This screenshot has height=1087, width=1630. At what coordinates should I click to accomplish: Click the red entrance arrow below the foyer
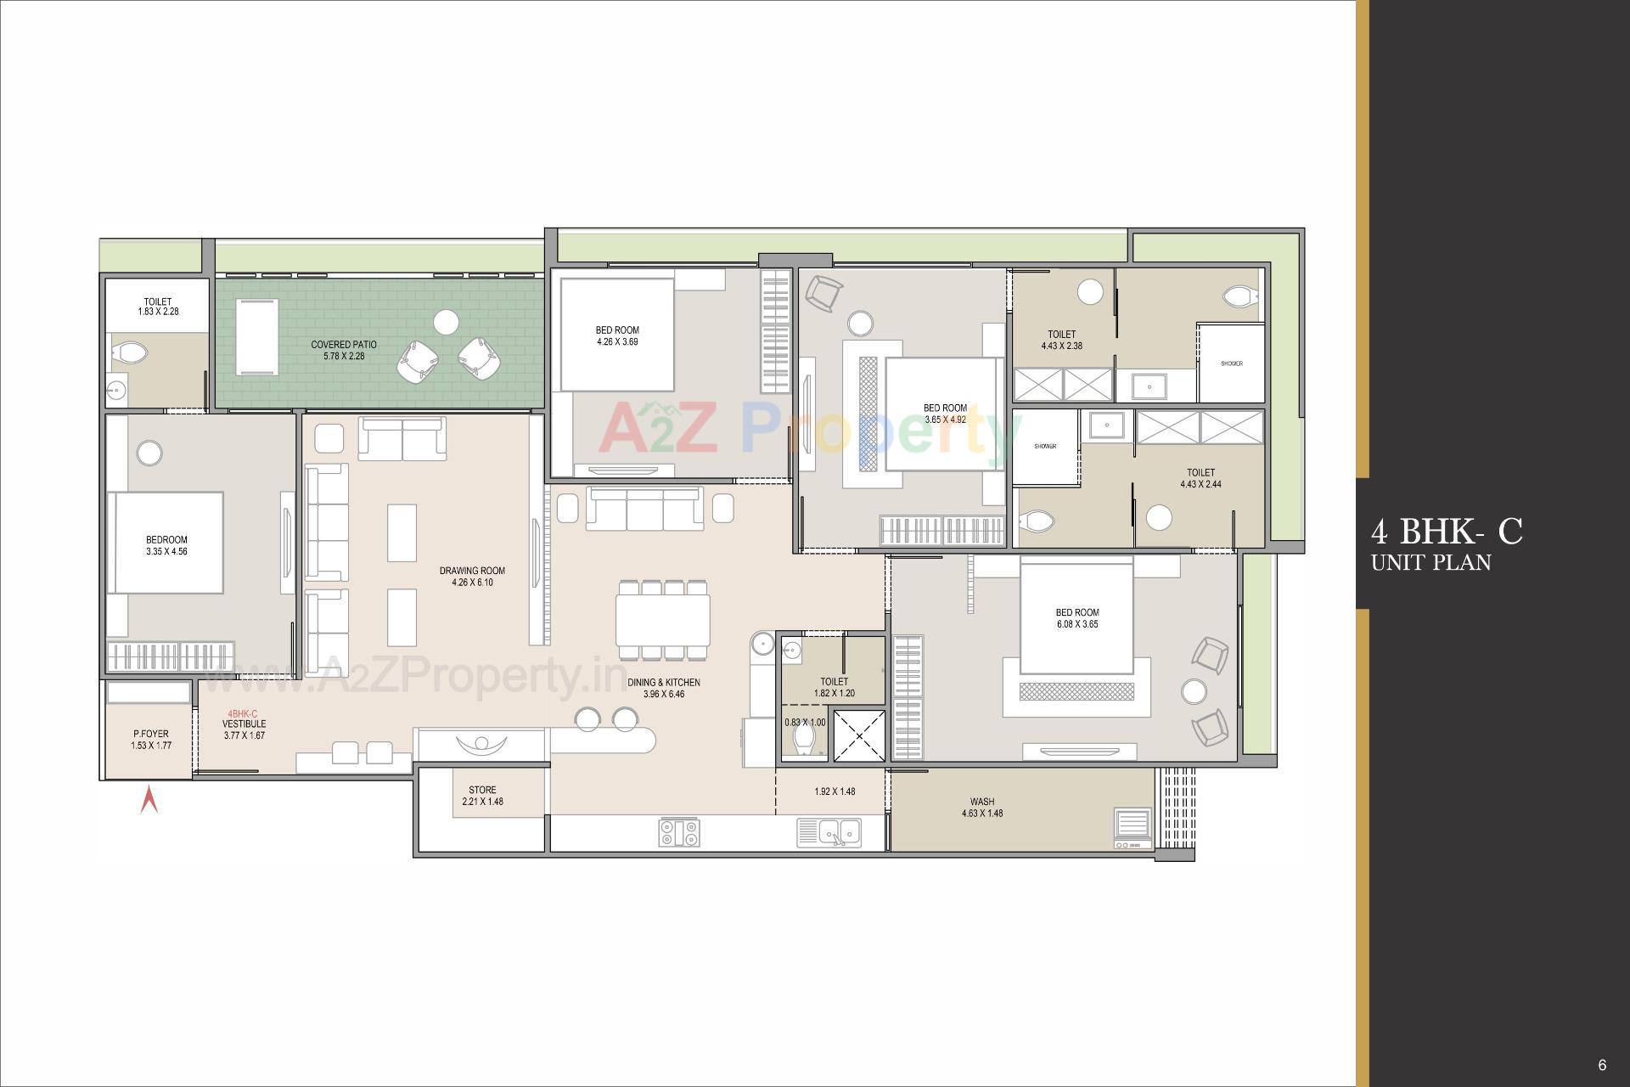coord(149,800)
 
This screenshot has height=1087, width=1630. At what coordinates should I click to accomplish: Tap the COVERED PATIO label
coord(344,345)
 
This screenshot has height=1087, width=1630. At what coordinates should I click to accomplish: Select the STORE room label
coord(482,791)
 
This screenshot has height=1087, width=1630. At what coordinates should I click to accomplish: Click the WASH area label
coord(982,802)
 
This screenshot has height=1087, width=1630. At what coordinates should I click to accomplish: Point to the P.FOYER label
coord(150,734)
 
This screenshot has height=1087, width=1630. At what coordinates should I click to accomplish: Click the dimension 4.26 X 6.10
coord(472,583)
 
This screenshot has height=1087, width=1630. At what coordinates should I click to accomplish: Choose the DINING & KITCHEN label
coord(664,683)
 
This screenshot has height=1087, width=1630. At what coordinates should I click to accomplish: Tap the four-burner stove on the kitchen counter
coord(679,832)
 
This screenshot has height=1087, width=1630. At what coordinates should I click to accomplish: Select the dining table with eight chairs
coord(663,620)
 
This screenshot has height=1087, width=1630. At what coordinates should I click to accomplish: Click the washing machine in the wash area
coord(1133,828)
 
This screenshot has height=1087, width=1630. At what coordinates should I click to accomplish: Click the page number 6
coord(1602,1065)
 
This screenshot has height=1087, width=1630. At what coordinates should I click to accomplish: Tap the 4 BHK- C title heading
coord(1447,532)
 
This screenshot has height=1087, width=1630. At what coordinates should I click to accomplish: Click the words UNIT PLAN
coord(1430,562)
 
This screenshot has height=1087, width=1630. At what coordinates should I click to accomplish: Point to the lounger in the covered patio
coord(257,336)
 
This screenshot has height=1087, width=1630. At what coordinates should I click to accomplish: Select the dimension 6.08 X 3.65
coord(1077,624)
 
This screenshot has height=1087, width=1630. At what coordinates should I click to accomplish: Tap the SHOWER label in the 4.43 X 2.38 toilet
coord(1231,363)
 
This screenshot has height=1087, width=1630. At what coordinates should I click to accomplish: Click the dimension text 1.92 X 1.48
coord(835,791)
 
